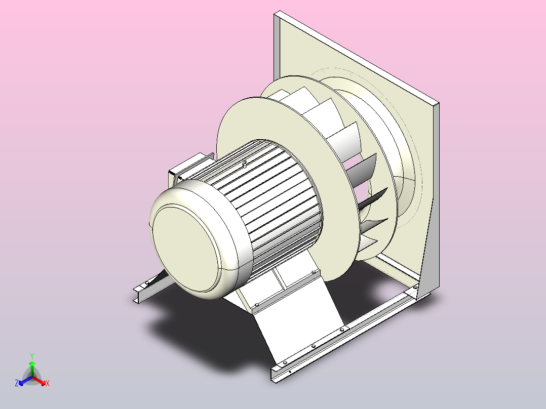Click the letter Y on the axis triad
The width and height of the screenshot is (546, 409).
point(32,356)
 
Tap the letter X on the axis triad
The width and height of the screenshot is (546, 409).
point(48,383)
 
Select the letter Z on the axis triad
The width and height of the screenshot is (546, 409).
point(16,383)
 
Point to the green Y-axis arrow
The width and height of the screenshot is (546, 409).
point(32,369)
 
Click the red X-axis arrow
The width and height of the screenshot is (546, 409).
point(40,381)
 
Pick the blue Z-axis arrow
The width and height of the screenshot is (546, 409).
point(25,381)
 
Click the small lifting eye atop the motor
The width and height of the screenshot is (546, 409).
point(245,163)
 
